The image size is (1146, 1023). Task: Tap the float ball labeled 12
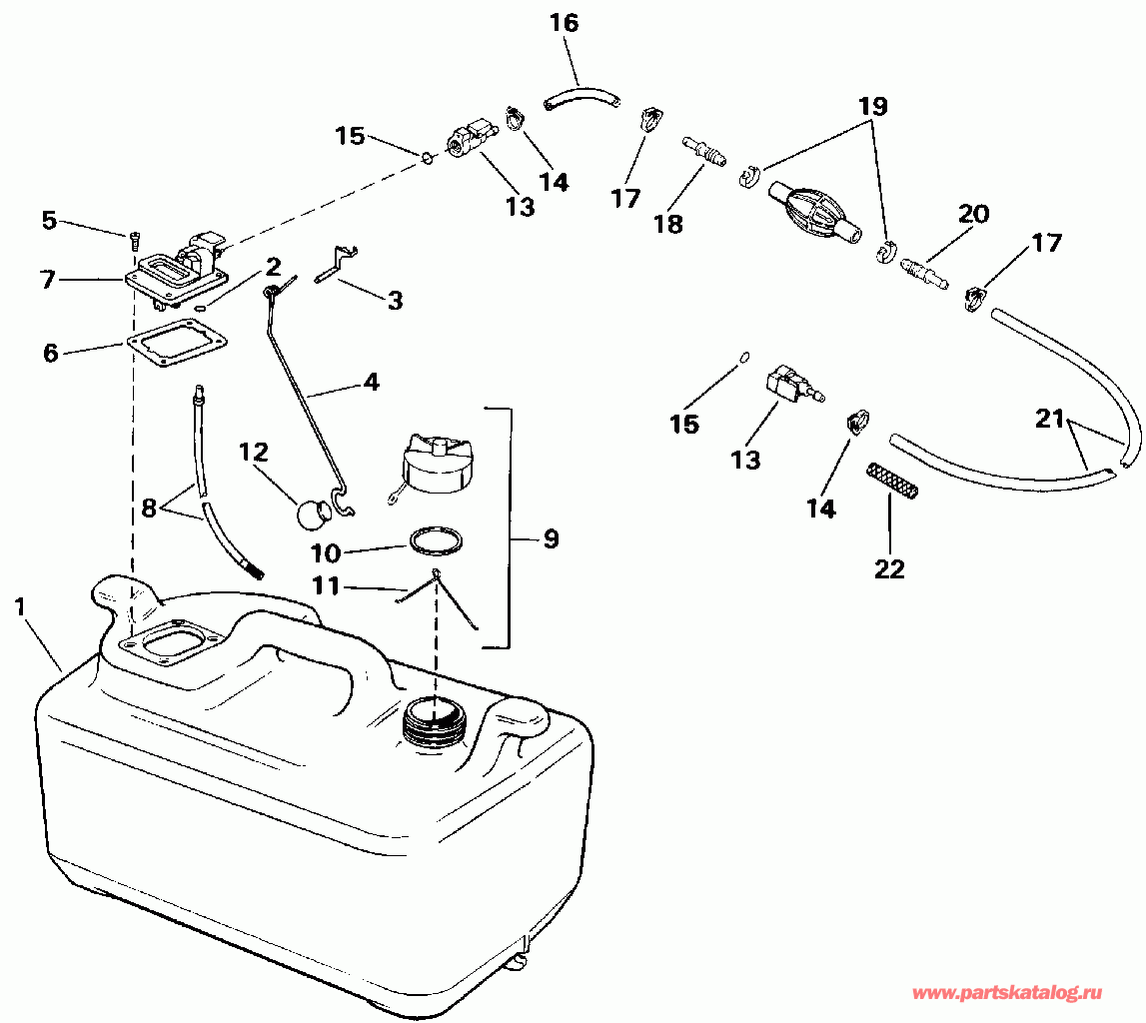315,513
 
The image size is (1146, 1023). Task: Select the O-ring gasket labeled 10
436,540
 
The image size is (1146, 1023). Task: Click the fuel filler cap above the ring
432,465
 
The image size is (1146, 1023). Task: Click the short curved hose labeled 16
579,97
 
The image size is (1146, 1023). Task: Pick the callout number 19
871,105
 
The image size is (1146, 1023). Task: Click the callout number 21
1049,421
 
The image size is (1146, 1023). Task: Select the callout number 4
371,382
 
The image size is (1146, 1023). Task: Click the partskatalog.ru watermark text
1008,993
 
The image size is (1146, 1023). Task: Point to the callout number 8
150,507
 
